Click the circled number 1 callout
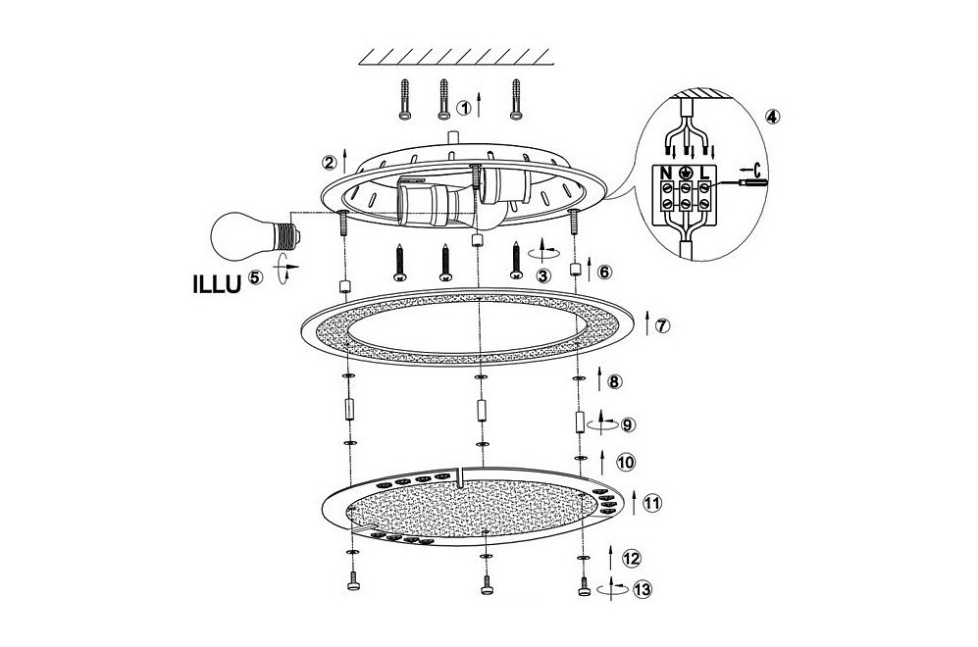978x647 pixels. tap(463, 108)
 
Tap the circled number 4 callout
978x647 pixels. tap(772, 117)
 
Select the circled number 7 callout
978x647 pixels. tap(662, 325)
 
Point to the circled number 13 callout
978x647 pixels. tap(642, 589)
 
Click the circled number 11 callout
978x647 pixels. tap(651, 502)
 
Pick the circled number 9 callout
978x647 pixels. tap(628, 424)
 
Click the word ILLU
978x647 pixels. tap(216, 285)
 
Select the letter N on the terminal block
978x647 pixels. tap(666, 173)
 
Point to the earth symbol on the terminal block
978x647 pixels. tap(686, 173)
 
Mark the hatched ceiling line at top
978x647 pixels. tap(456, 57)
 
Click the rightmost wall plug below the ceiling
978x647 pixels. tap(516, 98)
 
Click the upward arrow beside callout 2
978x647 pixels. tap(345, 162)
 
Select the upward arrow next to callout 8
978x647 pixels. tap(600, 379)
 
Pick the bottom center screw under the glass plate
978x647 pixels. tap(488, 584)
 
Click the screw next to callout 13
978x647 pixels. tap(584, 586)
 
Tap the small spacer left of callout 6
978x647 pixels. tap(577, 270)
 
